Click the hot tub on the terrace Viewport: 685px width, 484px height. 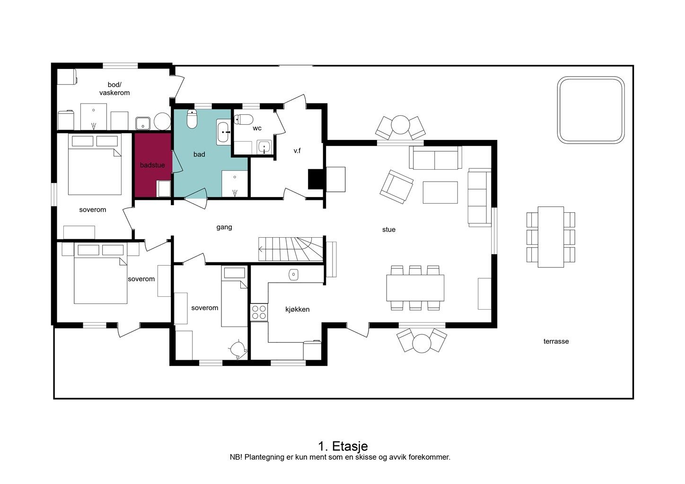tap(590, 110)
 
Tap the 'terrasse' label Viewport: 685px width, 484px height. tap(556, 341)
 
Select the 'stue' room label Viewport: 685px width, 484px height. tap(389, 229)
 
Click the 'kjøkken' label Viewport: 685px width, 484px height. tap(297, 310)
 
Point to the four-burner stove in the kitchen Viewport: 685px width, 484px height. tap(259, 312)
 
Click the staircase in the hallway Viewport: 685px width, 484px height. tap(290, 249)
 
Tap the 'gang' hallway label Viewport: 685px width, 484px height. tap(224, 227)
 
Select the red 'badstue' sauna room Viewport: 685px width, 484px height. tap(152, 165)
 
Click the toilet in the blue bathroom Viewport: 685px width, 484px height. tap(192, 119)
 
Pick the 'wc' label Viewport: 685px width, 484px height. tap(257, 129)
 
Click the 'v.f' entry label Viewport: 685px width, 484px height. tap(297, 151)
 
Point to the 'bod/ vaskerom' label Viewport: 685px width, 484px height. tap(114, 88)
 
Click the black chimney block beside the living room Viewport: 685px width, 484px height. tap(315, 179)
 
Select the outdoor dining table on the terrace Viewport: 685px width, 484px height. tap(551, 237)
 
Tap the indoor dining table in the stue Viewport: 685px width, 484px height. tap(415, 288)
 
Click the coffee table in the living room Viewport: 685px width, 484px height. tap(440, 192)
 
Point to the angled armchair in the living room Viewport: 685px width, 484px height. tap(396, 187)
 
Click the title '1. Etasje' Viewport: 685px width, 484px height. tap(343, 446)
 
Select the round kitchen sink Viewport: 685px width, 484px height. tap(293, 275)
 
